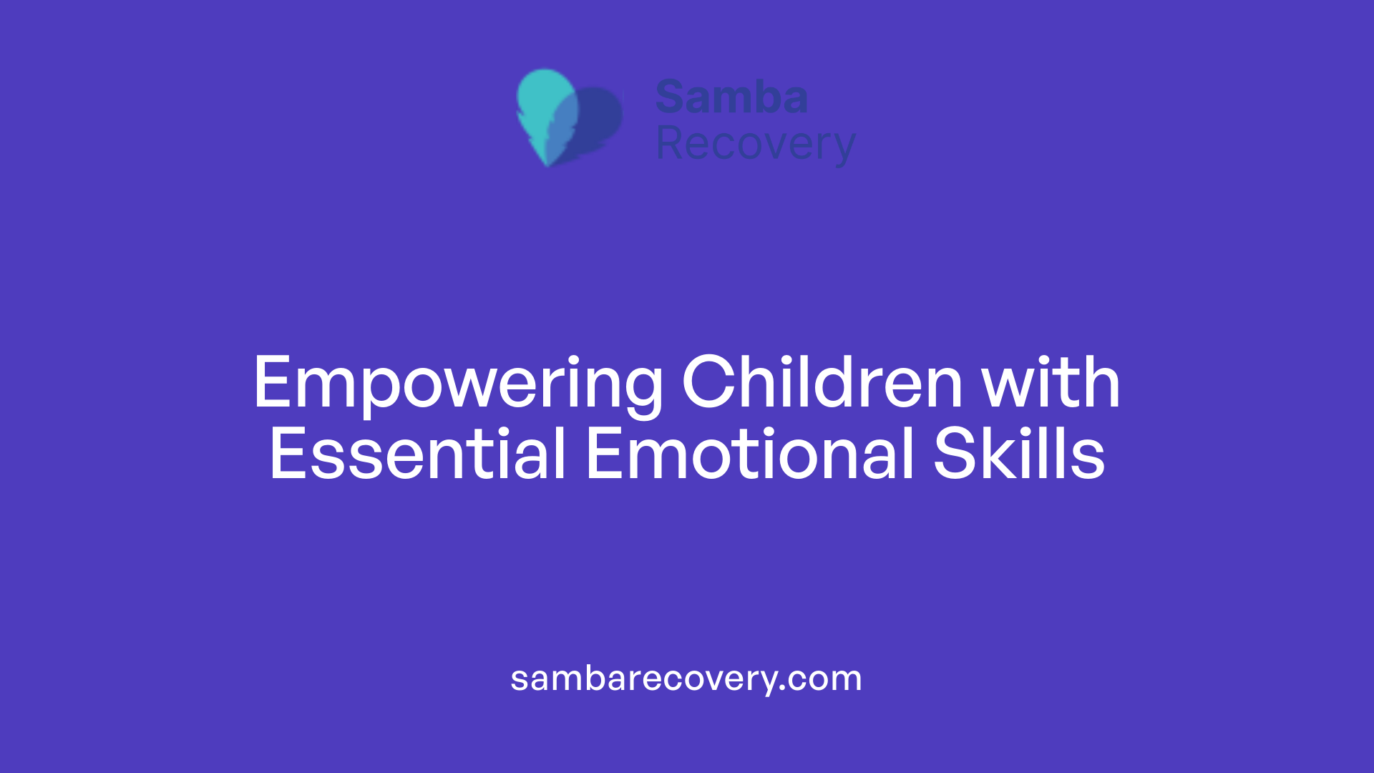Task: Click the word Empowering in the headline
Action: [x=458, y=384]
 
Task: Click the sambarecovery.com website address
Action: [x=686, y=679]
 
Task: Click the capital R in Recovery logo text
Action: [x=671, y=143]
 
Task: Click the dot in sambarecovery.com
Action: [x=783, y=688]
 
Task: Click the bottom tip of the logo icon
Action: [x=547, y=164]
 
